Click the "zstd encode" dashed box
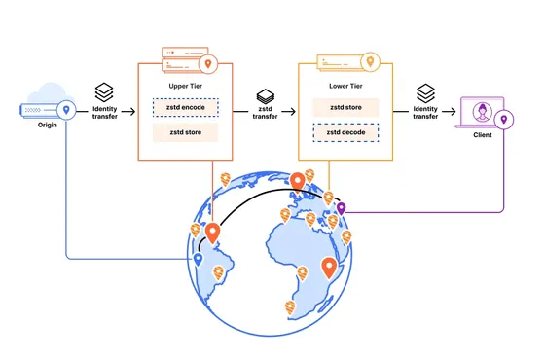click(x=186, y=107)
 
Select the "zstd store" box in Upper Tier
click(x=185, y=132)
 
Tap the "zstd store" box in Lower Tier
click(x=345, y=107)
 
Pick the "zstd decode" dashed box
click(x=345, y=132)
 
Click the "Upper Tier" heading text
click(x=185, y=86)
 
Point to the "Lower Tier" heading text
click(x=345, y=86)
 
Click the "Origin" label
click(x=48, y=125)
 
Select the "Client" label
click(x=483, y=135)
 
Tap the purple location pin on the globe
click(x=341, y=208)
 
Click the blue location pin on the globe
click(x=198, y=260)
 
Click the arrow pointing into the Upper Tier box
click(x=128, y=112)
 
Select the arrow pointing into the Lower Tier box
click(x=288, y=112)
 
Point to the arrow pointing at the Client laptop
click(x=449, y=112)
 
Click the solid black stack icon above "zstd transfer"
click(x=265, y=96)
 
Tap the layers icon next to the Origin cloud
click(x=104, y=92)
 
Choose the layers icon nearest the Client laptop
click(x=426, y=93)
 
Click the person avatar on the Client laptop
click(x=482, y=112)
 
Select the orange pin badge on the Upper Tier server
click(x=208, y=64)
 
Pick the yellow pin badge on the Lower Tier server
click(x=370, y=62)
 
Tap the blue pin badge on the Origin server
click(x=66, y=110)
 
